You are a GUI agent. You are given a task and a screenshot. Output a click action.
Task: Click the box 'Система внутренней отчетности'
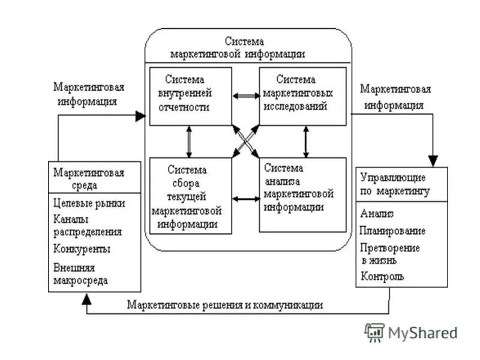tap(190, 95)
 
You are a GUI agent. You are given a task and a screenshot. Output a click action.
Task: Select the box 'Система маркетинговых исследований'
tap(302, 95)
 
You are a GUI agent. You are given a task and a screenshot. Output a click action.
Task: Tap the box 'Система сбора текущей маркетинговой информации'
tap(190, 195)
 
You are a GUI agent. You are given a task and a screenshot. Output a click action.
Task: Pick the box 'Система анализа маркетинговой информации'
tap(302, 194)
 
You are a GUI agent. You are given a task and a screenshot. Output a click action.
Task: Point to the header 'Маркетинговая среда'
tap(90, 178)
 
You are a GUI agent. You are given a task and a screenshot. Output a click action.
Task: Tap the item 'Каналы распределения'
tap(88, 226)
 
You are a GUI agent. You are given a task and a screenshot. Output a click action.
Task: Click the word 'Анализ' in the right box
tap(377, 214)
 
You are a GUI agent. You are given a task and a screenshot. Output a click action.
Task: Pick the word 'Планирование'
tap(393, 230)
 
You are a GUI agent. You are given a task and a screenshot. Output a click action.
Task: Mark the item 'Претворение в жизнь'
tap(390, 253)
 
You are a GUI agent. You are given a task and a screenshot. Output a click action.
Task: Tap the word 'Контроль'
tap(382, 277)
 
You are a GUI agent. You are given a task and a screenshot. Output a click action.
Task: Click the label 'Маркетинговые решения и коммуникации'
tap(225, 305)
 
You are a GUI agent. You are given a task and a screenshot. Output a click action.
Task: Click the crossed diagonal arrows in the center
tap(245, 142)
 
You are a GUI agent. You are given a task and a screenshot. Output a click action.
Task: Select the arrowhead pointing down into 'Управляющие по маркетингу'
tap(433, 161)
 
